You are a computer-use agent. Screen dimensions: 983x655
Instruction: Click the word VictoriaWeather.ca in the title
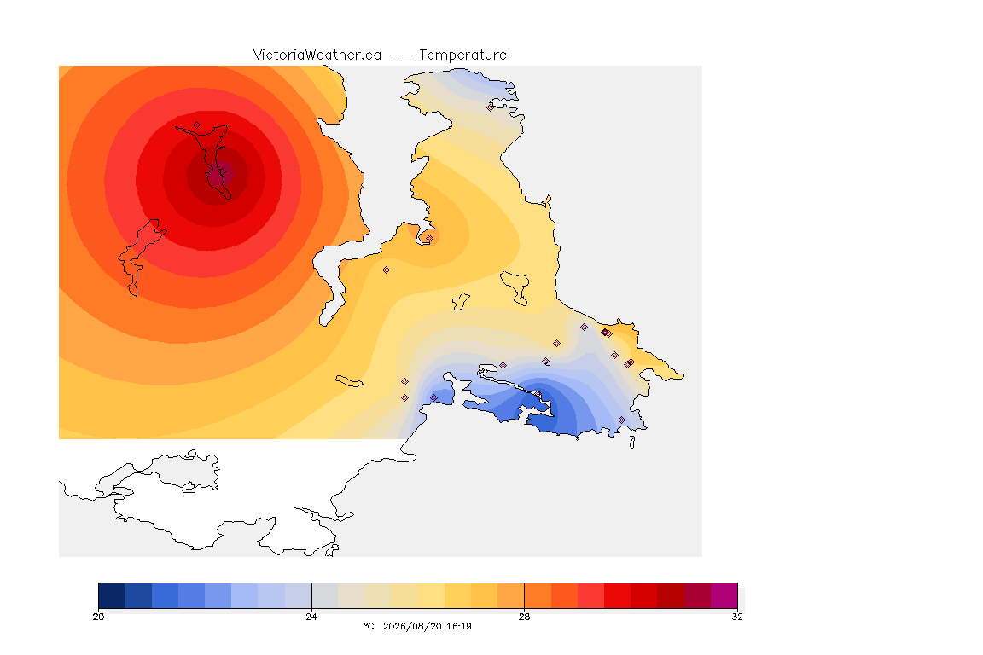(x=317, y=55)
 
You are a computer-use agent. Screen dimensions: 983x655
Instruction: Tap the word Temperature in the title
(x=462, y=55)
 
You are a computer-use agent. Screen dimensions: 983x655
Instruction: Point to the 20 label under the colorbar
(x=98, y=617)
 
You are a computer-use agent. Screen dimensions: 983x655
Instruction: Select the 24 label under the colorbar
(x=311, y=617)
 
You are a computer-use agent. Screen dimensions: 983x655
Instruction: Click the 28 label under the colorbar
(x=524, y=617)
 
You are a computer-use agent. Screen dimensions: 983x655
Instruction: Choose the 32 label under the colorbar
(x=737, y=617)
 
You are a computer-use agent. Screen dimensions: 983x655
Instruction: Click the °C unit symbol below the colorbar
(x=369, y=626)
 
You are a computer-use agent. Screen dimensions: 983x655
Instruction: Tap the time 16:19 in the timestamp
(x=460, y=626)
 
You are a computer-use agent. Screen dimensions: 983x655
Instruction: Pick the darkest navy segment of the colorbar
(x=112, y=595)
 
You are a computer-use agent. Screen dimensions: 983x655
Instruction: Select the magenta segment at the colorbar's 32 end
(x=724, y=595)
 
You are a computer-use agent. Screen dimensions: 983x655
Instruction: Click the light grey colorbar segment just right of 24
(x=325, y=595)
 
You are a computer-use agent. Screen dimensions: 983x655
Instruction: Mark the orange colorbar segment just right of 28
(x=538, y=595)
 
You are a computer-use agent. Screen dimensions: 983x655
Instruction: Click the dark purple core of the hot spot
(x=218, y=175)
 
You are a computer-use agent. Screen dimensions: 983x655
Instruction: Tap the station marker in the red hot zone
(x=197, y=125)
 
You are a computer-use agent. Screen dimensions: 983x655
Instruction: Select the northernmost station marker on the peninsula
(x=491, y=107)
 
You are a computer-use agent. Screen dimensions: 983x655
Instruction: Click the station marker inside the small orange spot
(x=429, y=238)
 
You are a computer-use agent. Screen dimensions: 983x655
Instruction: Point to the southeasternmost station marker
(x=621, y=420)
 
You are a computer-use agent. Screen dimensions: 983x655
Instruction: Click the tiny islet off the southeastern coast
(x=632, y=443)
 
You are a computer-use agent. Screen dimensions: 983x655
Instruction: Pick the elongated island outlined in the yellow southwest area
(x=349, y=381)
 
